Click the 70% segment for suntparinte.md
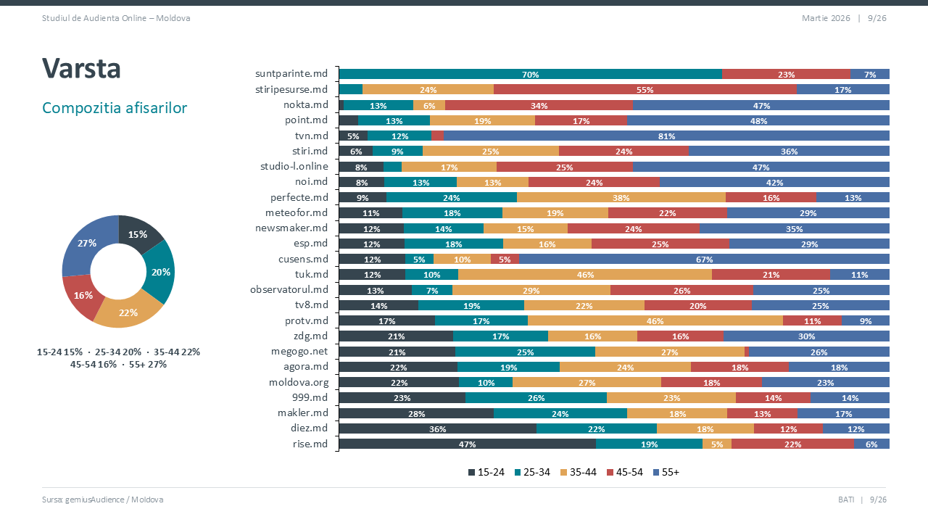tap(530, 74)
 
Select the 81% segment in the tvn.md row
tap(666, 136)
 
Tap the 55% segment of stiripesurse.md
tap(645, 90)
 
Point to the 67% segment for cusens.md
tap(703, 259)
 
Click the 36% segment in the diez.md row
tap(437, 428)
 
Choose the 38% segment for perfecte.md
tap(621, 197)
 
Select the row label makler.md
tap(303, 413)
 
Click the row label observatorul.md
tap(289, 289)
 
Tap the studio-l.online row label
tap(294, 166)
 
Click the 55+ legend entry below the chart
tap(666, 472)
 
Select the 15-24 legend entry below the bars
tap(486, 472)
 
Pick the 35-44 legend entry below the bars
tap(578, 472)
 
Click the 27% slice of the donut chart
tap(88, 244)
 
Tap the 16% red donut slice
tap(82, 294)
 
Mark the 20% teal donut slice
tap(161, 272)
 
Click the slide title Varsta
tap(81, 68)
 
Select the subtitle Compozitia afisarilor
tap(115, 108)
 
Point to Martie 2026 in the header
tap(825, 17)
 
